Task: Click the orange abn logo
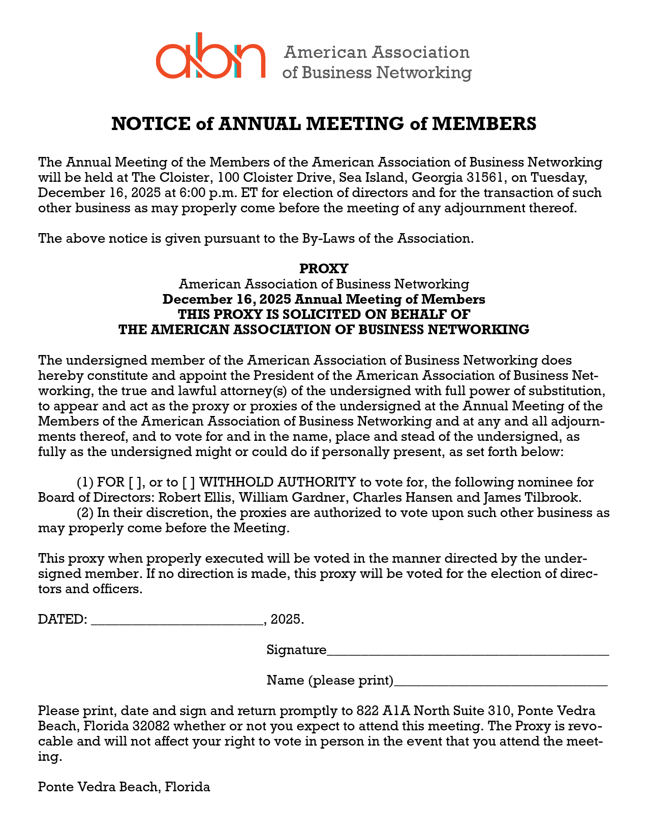click(210, 56)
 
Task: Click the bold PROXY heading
click(324, 268)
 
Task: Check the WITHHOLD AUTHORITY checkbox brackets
click(189, 482)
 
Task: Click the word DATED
click(61, 620)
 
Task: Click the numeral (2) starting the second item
click(85, 512)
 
